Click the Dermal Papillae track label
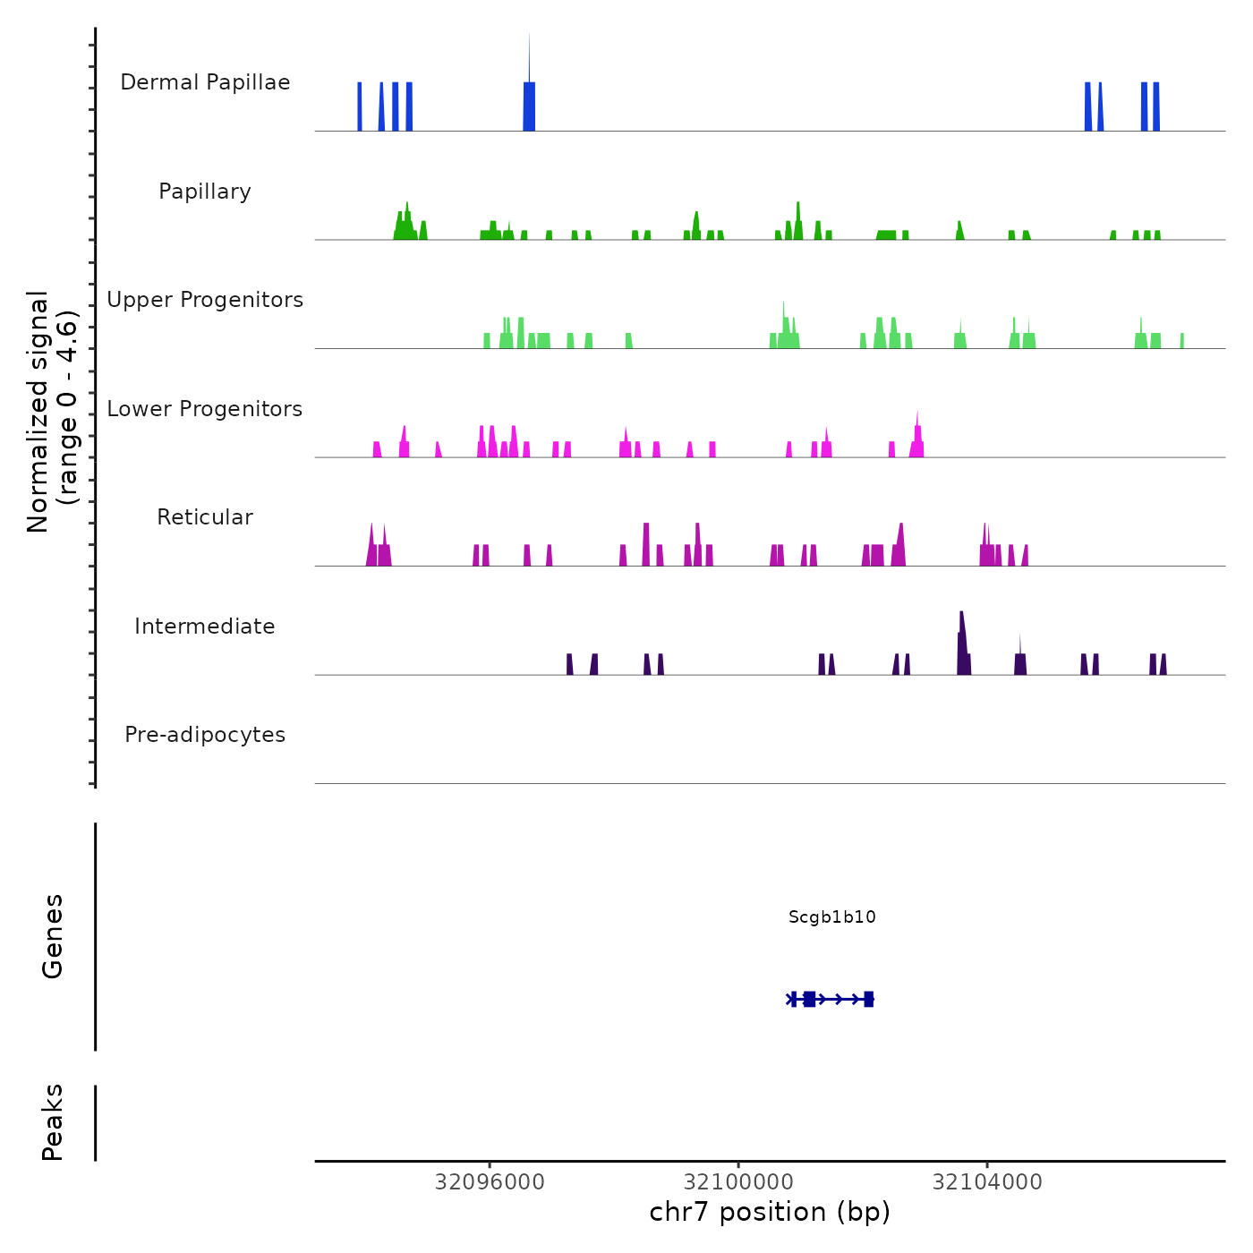pos(205,82)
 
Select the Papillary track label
pos(205,192)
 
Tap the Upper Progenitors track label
pos(205,300)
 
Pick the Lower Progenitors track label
pos(205,409)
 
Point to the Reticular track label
pos(205,517)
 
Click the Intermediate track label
pos(205,626)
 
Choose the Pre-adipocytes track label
pos(205,735)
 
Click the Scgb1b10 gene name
pos(831,916)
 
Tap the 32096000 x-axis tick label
pos(490,1182)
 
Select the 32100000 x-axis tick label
pos(738,1182)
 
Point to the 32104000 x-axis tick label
pos(987,1182)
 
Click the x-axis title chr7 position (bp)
pos(770,1212)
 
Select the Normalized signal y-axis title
pos(52,411)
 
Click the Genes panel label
pos(53,936)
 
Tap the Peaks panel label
pos(53,1122)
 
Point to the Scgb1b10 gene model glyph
pos(831,999)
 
